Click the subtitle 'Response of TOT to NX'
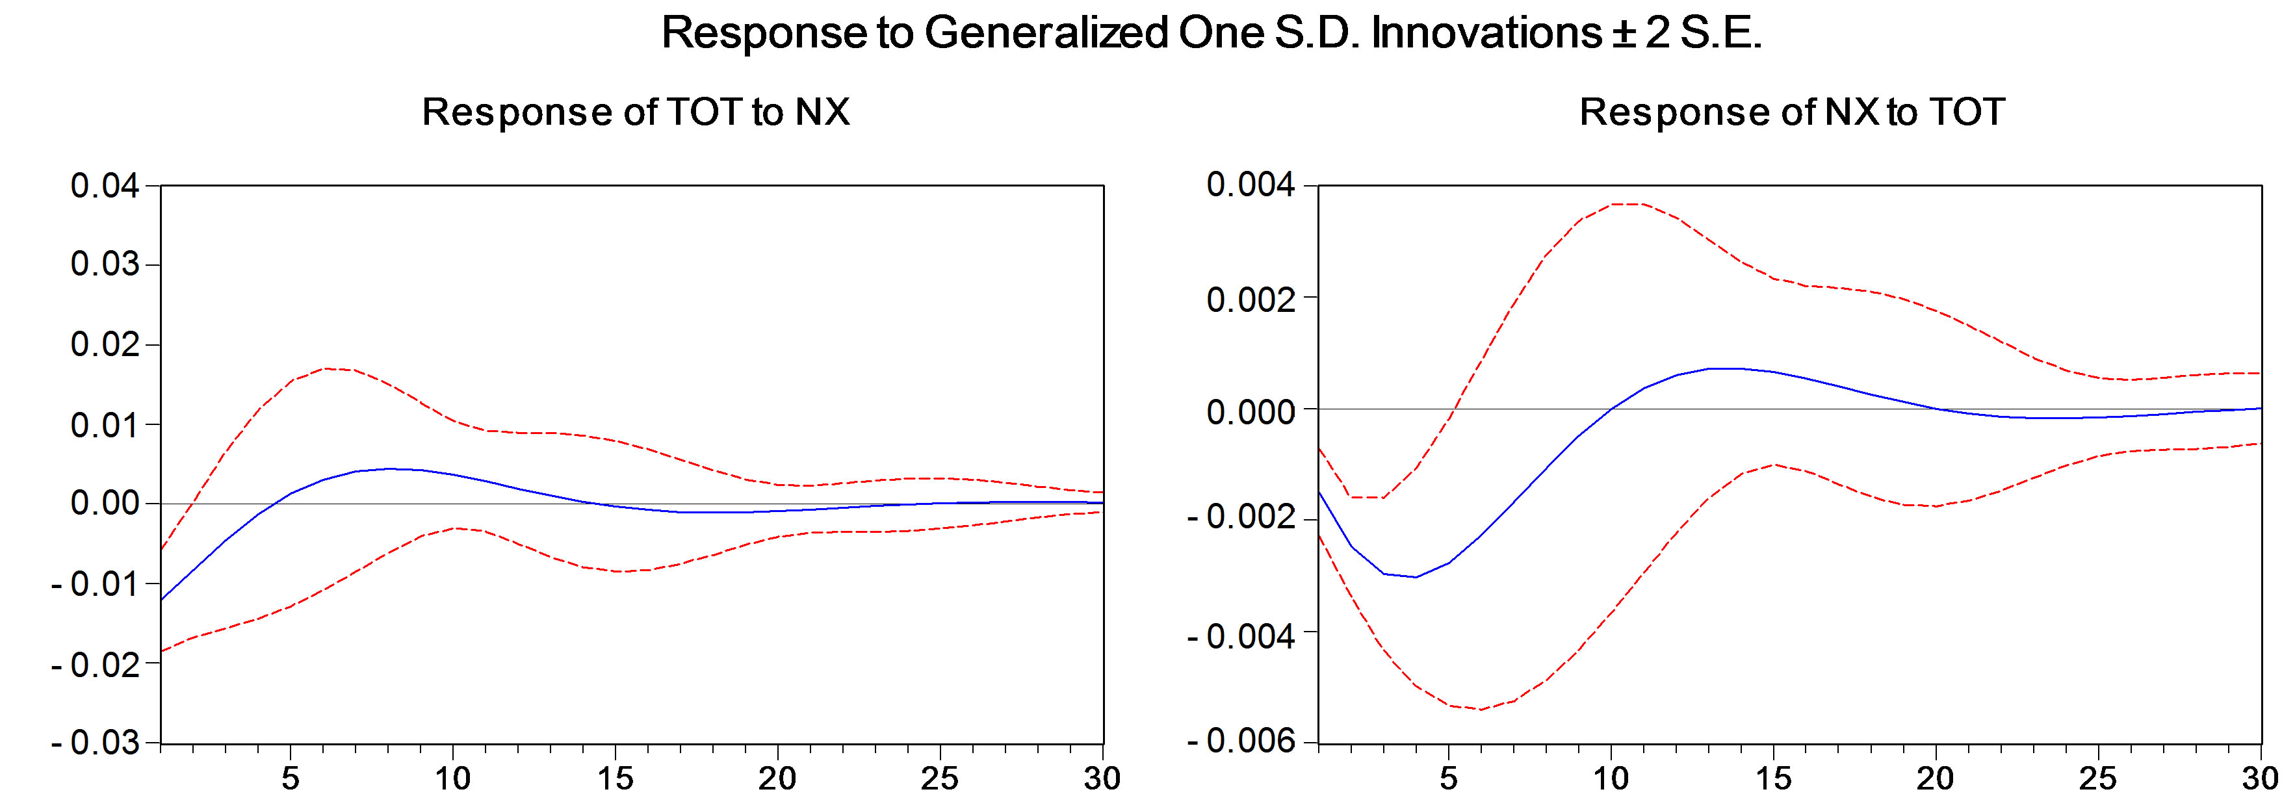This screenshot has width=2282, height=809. click(635, 112)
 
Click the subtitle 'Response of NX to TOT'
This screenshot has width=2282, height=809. click(1791, 112)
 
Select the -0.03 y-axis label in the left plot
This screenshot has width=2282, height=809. click(95, 743)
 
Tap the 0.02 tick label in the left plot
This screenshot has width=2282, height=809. click(105, 344)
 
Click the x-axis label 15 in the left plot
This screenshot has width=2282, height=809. click(615, 779)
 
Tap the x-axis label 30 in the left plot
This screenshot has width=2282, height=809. click(1102, 779)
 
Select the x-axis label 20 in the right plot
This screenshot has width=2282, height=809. click(1935, 779)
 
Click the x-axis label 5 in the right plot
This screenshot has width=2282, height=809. click(1448, 779)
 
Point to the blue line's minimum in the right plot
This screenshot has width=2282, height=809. click(1416, 578)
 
